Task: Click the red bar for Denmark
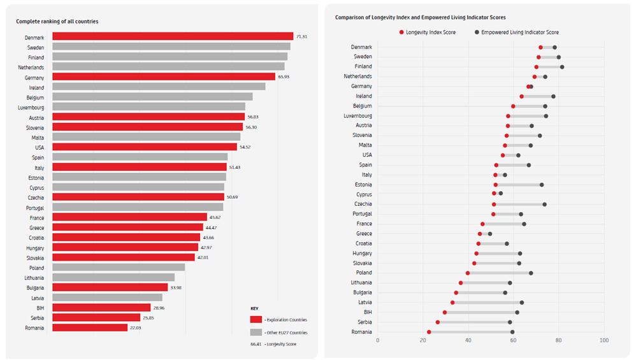click(x=172, y=36)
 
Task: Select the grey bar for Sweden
click(x=171, y=47)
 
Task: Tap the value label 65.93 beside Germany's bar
click(x=284, y=76)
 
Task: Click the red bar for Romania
click(x=90, y=328)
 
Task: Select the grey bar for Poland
click(x=119, y=268)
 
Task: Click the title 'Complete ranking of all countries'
click(x=57, y=22)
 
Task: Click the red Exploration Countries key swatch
click(x=256, y=319)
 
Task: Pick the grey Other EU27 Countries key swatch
click(x=256, y=332)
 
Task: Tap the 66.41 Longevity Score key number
click(x=256, y=344)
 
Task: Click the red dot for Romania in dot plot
click(x=429, y=332)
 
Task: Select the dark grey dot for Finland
click(x=561, y=66)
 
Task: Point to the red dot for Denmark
click(x=540, y=47)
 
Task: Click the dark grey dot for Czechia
click(x=544, y=205)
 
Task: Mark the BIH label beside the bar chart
click(x=39, y=308)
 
